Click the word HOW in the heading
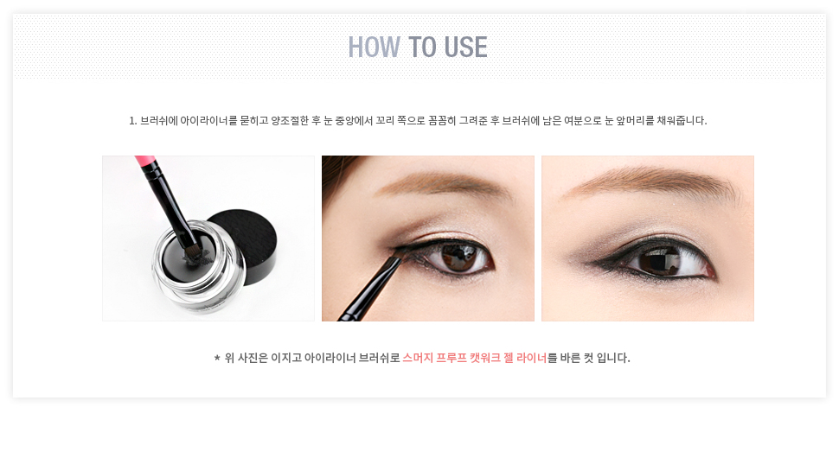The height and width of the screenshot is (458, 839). point(374,47)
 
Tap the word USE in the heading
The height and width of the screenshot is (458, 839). point(465,47)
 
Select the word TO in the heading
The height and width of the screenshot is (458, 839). point(422,47)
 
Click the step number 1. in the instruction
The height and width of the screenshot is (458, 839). point(132,121)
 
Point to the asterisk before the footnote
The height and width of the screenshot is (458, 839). point(217,358)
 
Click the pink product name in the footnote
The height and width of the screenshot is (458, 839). point(475,358)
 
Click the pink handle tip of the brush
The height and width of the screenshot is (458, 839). point(144,161)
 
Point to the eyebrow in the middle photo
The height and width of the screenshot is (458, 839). point(444,184)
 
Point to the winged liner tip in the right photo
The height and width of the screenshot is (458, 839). point(588,263)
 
